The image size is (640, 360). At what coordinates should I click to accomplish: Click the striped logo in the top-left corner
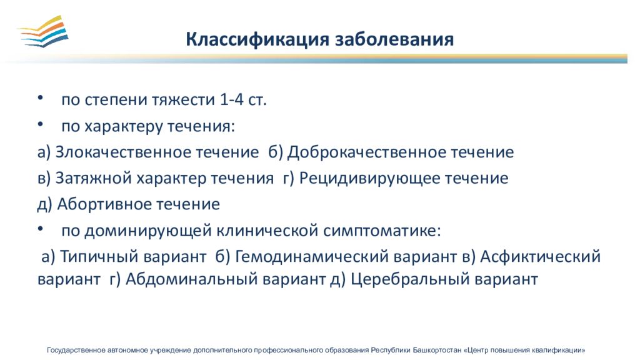pos(43,31)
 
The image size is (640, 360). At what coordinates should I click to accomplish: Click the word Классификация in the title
pos(257,39)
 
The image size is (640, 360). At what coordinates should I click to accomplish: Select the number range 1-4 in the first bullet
pos(231,99)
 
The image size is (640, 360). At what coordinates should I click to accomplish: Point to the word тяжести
pos(183,100)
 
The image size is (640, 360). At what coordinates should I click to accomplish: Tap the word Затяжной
pos(94,178)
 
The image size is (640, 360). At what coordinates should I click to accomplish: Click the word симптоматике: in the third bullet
pos(382,231)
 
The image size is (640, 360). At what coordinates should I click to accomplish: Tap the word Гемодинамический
pos(312,256)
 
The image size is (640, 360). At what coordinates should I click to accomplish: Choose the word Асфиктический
pos(541,256)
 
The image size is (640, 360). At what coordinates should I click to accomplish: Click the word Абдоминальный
pos(191,279)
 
